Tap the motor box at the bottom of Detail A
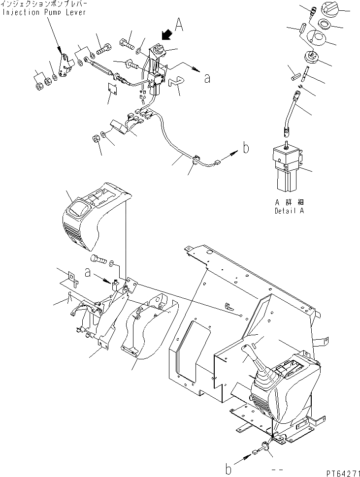tap(286, 165)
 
